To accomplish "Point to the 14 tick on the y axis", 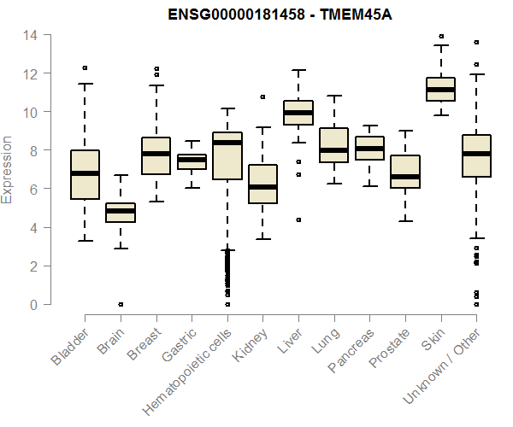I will click(31, 35).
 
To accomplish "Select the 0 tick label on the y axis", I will click(33, 305).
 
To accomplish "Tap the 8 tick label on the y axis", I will click(33, 150).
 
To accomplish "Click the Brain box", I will click(121, 213).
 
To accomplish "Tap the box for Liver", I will click(298, 113).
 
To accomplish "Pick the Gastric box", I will click(192, 161).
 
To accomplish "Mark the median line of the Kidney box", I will click(262, 187).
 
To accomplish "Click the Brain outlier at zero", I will click(121, 304).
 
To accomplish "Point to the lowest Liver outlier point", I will click(298, 219).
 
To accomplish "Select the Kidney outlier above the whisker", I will click(262, 97).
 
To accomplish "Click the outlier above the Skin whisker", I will click(440, 37).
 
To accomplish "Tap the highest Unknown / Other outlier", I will click(476, 42).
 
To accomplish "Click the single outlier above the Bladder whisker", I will click(85, 67).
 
